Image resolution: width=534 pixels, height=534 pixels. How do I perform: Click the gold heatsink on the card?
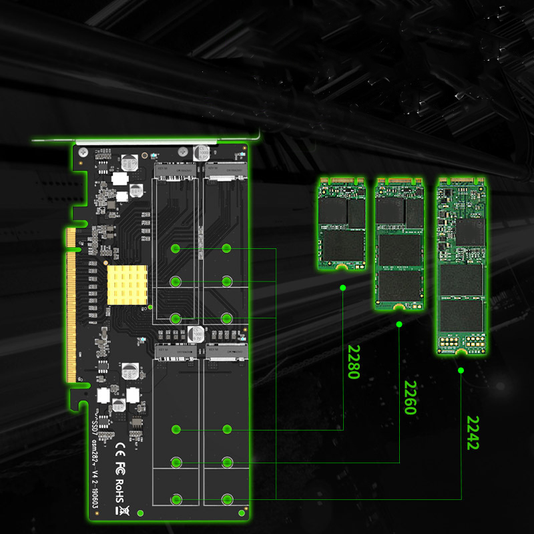(x=125, y=284)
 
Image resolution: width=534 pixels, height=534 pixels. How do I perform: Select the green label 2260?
(x=410, y=398)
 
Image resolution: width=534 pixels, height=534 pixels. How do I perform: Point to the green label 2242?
(x=473, y=433)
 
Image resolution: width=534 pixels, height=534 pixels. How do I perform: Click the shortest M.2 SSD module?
(x=341, y=224)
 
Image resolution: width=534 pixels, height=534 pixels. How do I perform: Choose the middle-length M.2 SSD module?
(x=399, y=244)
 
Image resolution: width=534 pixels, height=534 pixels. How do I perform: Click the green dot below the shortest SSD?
(x=342, y=288)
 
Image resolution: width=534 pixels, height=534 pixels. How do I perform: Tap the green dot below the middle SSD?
(x=399, y=324)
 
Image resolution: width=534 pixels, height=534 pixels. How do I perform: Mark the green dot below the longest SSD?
(x=461, y=369)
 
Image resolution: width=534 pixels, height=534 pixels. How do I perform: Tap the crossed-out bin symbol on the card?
(x=121, y=511)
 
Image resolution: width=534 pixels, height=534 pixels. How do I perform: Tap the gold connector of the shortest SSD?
(x=341, y=181)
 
